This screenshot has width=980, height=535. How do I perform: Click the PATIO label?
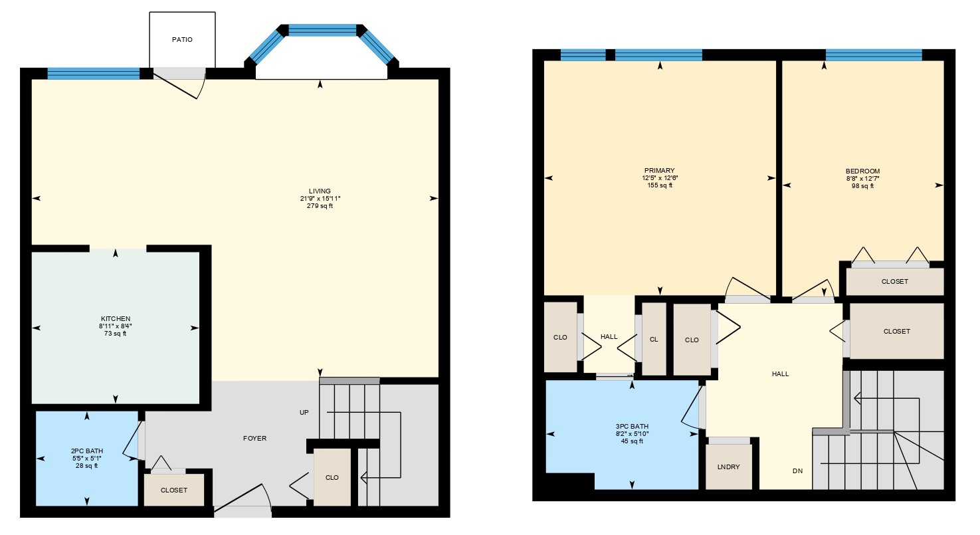point(182,39)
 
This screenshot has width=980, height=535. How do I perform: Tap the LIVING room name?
point(320,191)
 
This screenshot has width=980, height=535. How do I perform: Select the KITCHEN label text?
point(116,319)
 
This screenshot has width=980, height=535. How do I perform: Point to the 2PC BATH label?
point(87,451)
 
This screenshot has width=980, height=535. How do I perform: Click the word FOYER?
point(254,439)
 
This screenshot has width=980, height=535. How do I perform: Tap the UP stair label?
point(304,413)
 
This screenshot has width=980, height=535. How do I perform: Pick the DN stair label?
point(797,471)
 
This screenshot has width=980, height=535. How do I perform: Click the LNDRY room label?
point(728,467)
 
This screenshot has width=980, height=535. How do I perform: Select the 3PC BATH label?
point(633,427)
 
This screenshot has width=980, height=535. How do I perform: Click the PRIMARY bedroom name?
point(660,171)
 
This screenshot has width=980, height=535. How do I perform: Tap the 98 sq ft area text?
point(863,186)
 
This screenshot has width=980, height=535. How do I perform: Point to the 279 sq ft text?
point(320,206)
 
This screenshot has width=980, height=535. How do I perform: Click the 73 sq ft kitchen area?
point(116,334)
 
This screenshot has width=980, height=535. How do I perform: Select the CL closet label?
point(654,340)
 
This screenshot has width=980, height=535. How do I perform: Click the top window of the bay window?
point(322,30)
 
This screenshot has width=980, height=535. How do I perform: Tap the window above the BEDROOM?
point(874,55)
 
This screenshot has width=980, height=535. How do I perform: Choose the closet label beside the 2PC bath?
point(174,490)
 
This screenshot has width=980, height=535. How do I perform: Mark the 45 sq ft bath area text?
point(633,441)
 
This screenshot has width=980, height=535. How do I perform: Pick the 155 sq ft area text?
point(660,185)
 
